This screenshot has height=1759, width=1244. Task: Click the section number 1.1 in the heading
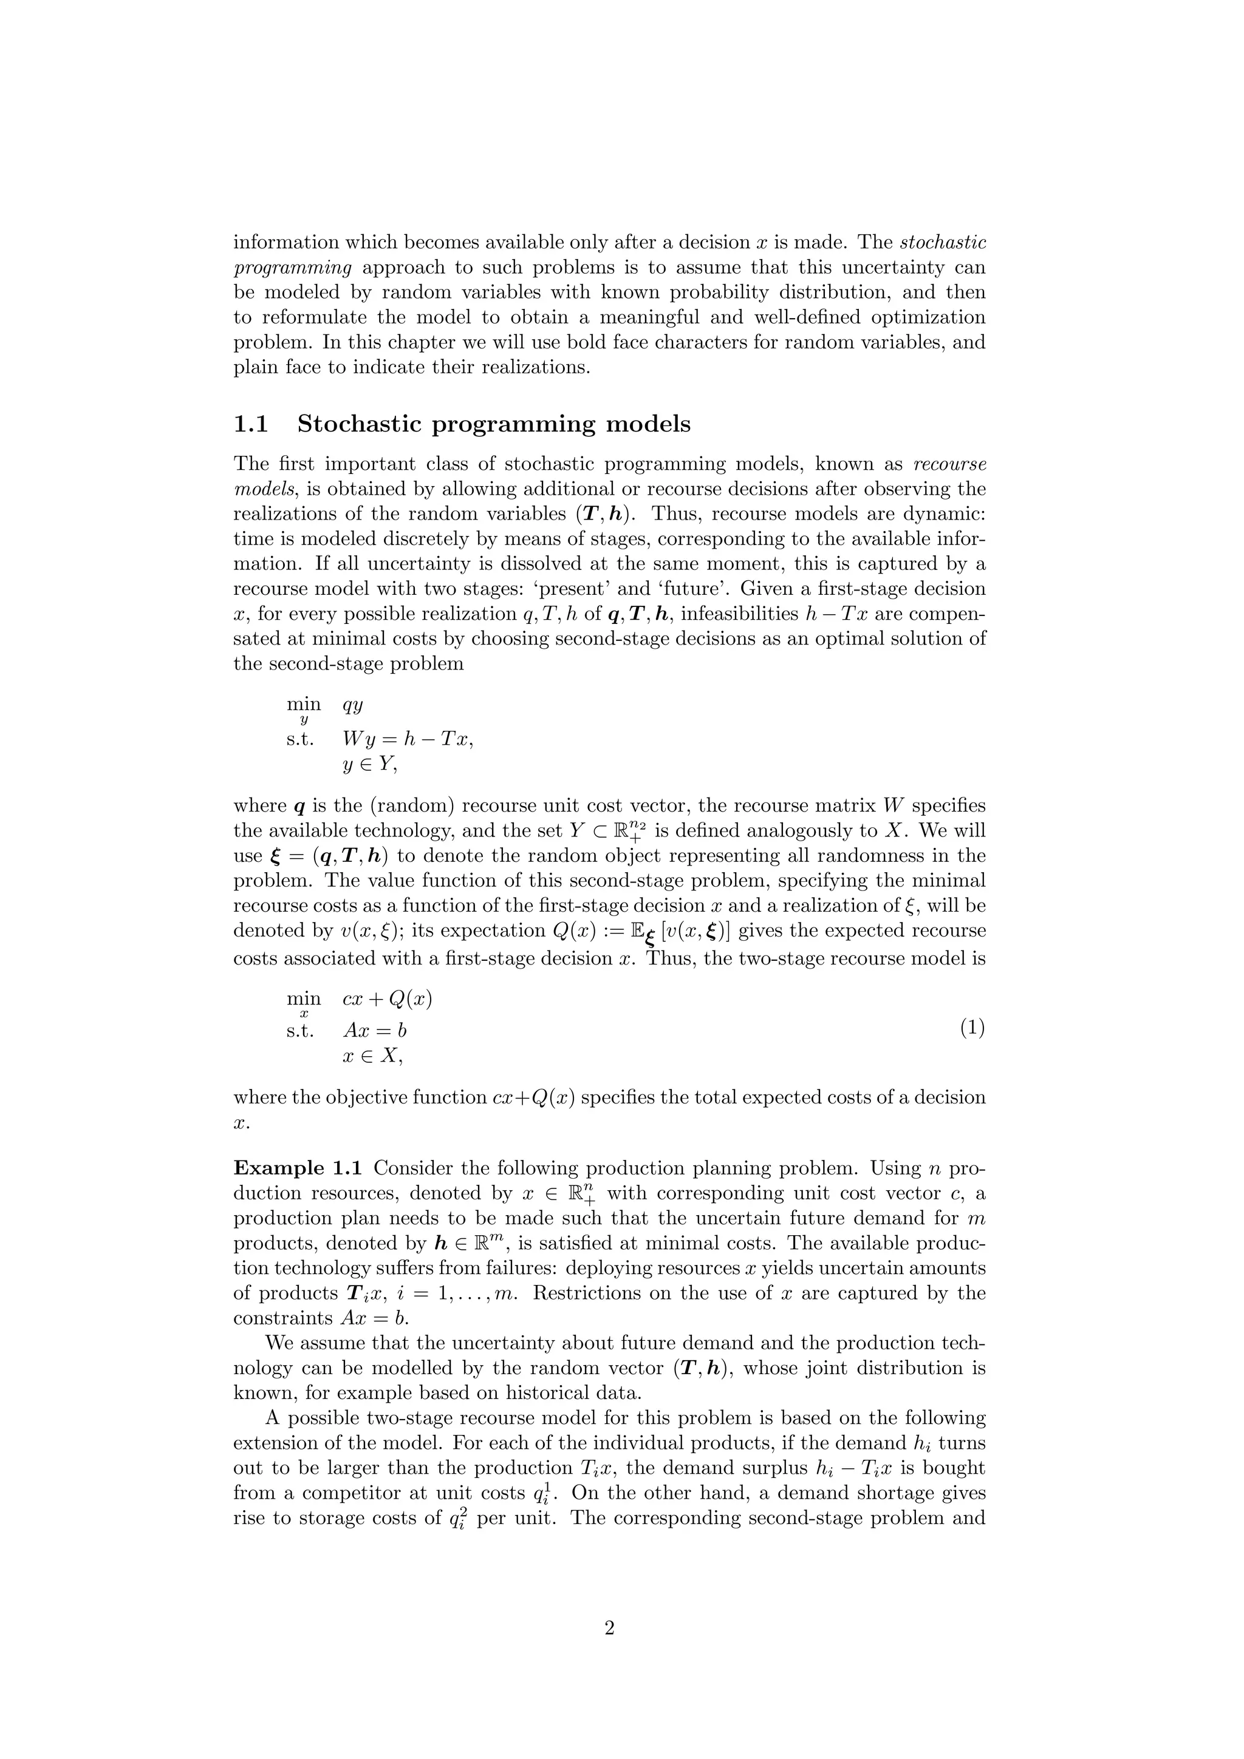(x=251, y=424)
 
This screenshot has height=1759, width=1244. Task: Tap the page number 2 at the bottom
(x=609, y=1627)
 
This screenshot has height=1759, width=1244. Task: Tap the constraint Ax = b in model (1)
(x=375, y=1031)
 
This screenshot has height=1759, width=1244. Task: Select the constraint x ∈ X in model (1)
(x=372, y=1056)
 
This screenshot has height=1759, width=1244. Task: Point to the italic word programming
(x=292, y=268)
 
